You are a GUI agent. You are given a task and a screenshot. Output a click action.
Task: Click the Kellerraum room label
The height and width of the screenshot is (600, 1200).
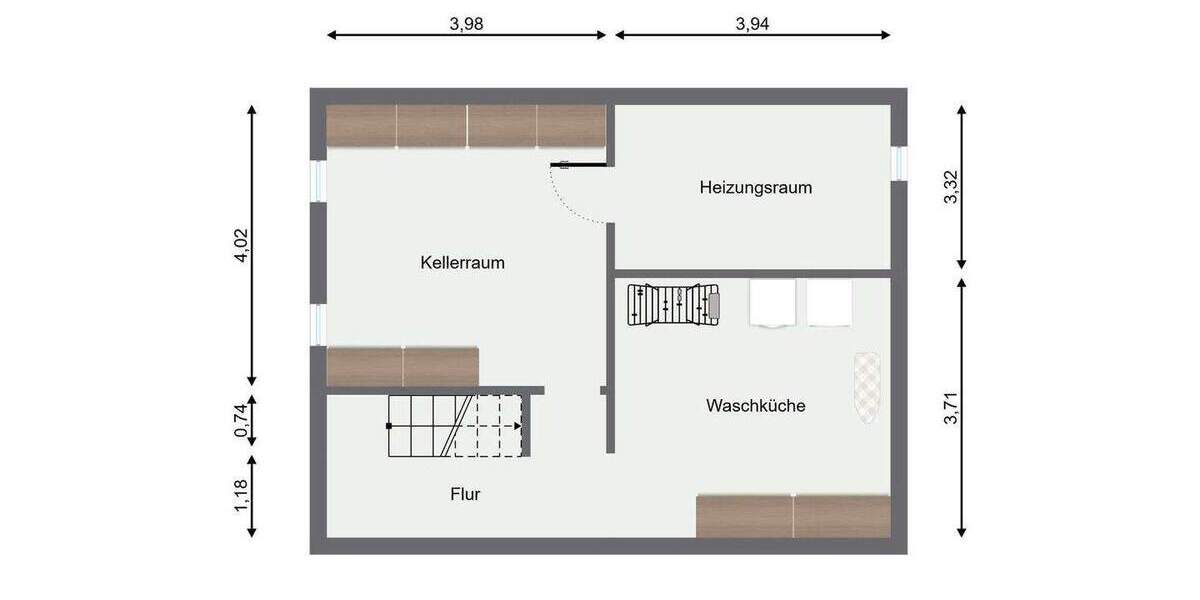point(462,264)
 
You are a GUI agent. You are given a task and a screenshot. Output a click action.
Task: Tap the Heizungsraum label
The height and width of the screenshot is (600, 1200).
point(755,187)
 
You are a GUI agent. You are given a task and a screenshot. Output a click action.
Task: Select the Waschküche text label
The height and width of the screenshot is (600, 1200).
point(755,406)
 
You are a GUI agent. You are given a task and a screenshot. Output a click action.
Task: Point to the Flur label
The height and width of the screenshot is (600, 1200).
point(465,494)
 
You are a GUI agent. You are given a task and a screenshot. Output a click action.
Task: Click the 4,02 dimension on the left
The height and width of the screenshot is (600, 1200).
point(240,246)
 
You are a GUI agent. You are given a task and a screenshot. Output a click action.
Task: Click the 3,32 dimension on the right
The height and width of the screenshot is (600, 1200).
point(951,187)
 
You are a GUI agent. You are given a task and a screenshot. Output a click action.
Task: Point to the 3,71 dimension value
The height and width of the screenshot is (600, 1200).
point(951,408)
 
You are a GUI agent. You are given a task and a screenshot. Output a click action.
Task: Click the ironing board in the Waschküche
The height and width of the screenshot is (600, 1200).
point(867,388)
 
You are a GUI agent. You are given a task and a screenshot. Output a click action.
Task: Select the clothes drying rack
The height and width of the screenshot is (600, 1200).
point(674,304)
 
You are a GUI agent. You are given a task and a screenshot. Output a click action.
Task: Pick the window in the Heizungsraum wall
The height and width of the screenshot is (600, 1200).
point(899,162)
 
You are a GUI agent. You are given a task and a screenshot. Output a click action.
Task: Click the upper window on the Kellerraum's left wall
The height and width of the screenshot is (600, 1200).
point(318,181)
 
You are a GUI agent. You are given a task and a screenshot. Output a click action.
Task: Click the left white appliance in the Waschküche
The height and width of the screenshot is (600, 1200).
point(772,303)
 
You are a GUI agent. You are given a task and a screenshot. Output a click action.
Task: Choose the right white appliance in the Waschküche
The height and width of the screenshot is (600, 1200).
point(829,303)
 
